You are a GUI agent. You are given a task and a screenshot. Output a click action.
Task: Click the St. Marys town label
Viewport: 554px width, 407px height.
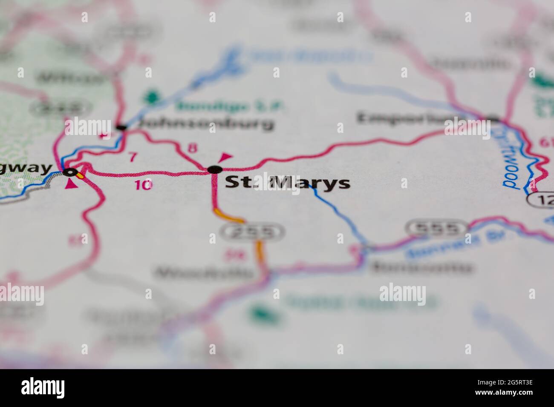287,183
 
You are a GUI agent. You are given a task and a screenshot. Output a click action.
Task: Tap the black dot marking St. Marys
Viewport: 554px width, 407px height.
214,169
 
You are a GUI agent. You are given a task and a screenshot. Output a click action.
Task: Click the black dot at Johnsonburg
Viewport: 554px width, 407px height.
121,127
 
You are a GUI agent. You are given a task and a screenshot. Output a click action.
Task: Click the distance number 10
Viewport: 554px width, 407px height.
143,185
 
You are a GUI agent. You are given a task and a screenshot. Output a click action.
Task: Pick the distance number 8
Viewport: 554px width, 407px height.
193,148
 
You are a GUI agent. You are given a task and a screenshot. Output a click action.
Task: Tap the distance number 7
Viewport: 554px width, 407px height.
133,158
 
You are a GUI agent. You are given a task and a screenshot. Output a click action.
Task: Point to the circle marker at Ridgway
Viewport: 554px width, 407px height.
70,172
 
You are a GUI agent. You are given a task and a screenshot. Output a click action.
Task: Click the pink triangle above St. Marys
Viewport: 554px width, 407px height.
225,157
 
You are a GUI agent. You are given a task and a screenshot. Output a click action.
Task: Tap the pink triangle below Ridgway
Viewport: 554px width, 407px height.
70,184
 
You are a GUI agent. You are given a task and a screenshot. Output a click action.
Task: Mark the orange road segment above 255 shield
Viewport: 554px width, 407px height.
230,217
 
